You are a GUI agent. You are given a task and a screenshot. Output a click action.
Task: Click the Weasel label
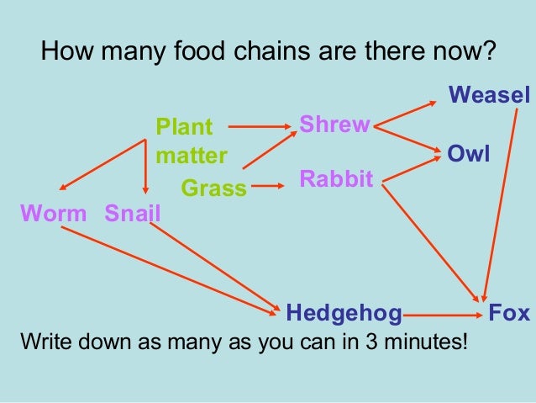pos(490,93)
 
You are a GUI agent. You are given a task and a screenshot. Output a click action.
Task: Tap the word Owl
pos(469,154)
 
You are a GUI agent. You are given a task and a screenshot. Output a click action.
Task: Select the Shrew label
pos(334,125)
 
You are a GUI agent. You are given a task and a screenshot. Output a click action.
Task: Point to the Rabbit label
pos(335,178)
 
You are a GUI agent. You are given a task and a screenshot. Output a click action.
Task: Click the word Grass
pos(214,188)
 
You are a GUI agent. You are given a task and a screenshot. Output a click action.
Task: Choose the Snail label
pos(132,213)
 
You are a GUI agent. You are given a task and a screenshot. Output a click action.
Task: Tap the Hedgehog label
pos(344,314)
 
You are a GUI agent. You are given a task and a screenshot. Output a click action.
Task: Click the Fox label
pos(509,314)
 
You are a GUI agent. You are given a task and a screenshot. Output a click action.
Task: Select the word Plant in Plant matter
pos(185,128)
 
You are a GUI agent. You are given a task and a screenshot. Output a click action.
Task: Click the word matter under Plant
pos(192,156)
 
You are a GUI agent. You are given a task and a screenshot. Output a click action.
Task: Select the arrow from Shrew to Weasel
pos(407,114)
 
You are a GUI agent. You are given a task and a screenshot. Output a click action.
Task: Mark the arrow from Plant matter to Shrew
pos(259,127)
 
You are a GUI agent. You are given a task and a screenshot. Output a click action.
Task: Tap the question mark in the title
pos(489,53)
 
